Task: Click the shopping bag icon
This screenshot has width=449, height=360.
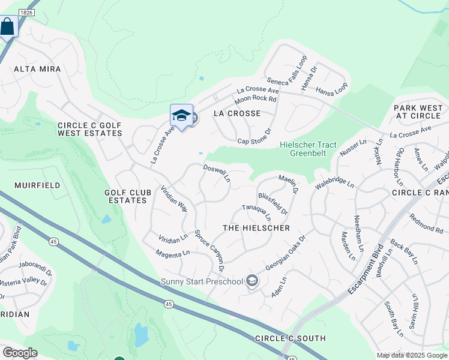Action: click(x=7, y=27)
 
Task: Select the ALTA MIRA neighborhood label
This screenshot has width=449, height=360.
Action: click(x=38, y=70)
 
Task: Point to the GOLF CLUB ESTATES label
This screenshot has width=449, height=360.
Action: click(x=125, y=196)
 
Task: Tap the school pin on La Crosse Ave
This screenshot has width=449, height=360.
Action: click(x=181, y=115)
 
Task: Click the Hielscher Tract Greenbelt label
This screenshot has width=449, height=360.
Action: click(x=309, y=149)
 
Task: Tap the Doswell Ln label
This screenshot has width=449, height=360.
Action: click(x=217, y=174)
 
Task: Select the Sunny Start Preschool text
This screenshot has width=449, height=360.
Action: click(x=201, y=281)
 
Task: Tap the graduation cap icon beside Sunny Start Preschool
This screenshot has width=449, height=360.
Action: click(x=253, y=281)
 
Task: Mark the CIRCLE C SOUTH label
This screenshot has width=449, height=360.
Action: click(x=291, y=338)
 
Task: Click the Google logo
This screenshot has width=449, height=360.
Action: click(x=19, y=353)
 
